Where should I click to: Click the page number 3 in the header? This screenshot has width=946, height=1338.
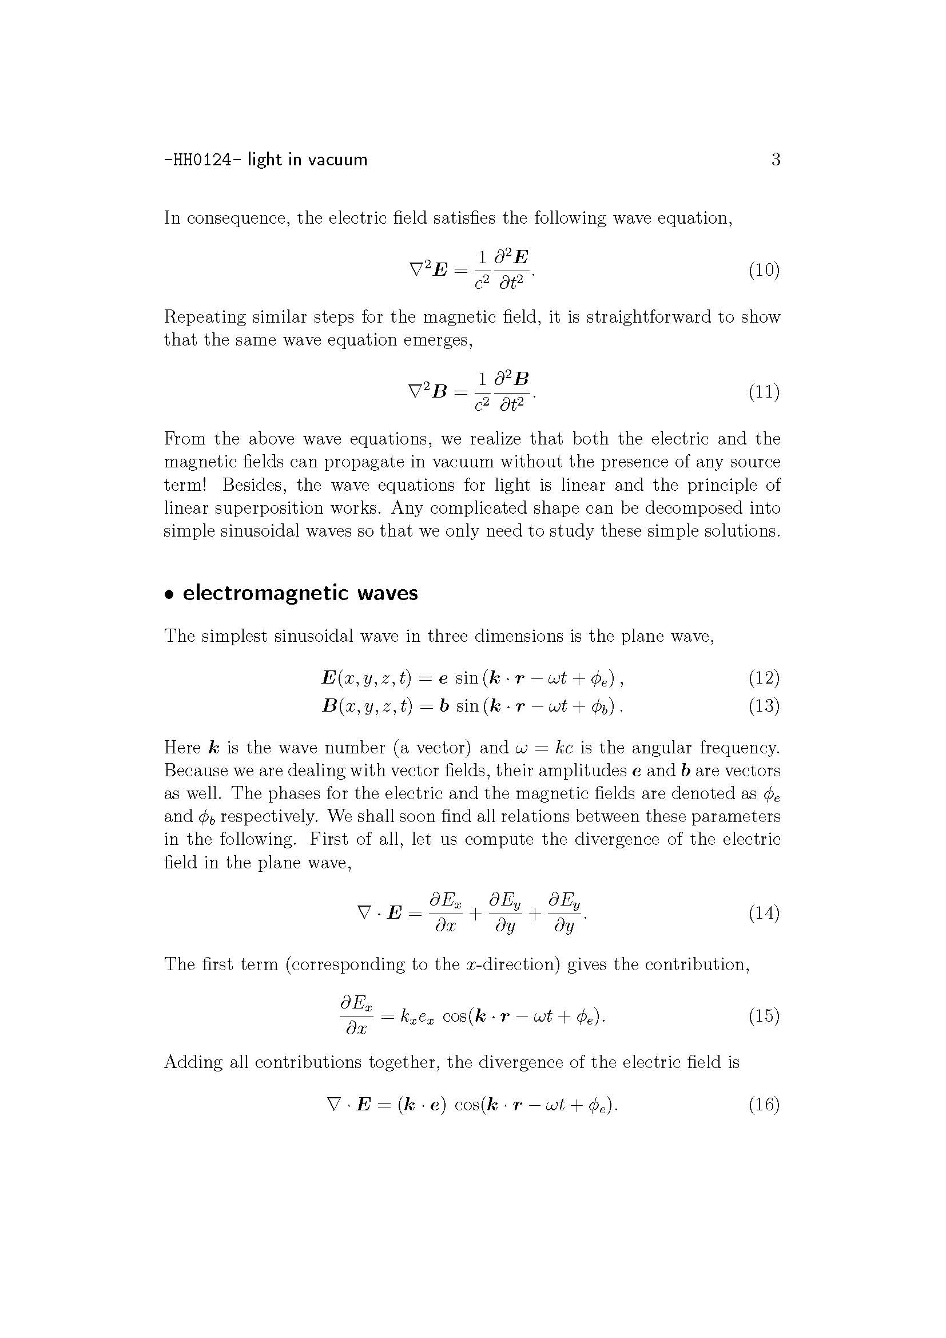tap(776, 159)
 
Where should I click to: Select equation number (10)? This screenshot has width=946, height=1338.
tap(764, 270)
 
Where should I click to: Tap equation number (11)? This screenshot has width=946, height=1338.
tap(764, 392)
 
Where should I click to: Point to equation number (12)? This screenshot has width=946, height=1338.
tap(764, 677)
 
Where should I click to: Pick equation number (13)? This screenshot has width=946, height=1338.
tap(764, 706)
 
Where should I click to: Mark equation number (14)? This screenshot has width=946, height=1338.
tap(764, 912)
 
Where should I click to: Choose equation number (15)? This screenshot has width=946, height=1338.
tap(764, 1016)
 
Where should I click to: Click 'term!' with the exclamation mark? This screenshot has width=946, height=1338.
tap(185, 485)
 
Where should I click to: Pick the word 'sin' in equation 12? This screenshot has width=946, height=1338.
tap(467, 678)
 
